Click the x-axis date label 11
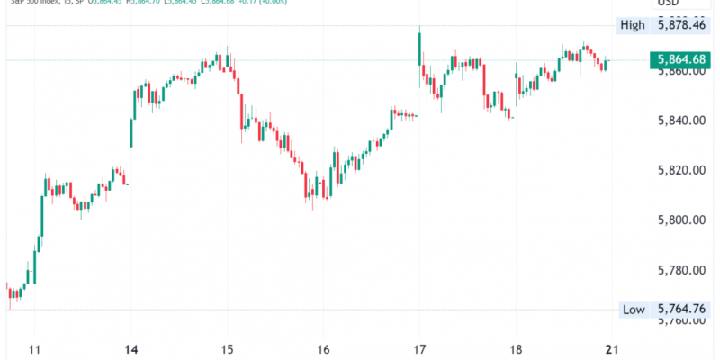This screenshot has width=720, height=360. (36, 349)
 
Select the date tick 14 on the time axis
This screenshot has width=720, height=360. (131, 349)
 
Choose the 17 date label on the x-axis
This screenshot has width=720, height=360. (418, 349)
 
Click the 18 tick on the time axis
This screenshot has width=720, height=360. (515, 349)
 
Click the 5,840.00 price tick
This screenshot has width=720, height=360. (680, 121)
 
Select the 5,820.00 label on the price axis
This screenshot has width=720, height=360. (680, 170)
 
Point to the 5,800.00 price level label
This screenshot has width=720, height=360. (680, 220)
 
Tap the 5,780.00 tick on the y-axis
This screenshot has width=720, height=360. (680, 270)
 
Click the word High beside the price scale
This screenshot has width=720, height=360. (633, 25)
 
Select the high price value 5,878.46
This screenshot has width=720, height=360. (680, 25)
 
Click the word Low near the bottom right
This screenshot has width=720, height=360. (634, 310)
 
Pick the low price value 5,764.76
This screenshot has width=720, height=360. (680, 310)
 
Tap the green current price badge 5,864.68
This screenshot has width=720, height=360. (680, 60)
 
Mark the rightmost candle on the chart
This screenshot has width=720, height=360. (606, 65)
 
